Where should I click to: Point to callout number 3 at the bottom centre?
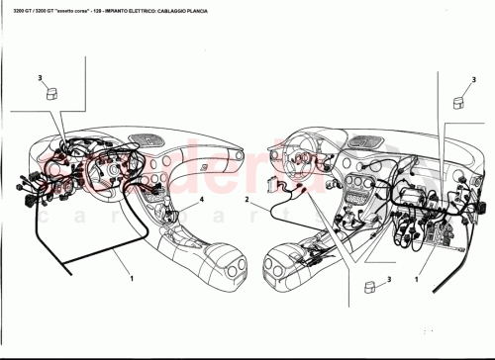[x=390, y=280]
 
